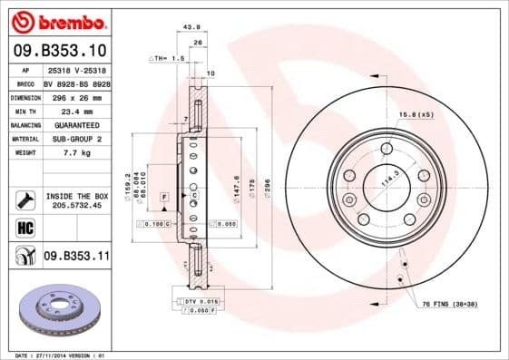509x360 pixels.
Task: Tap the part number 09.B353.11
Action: click(76, 257)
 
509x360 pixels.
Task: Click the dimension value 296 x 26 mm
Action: click(75, 97)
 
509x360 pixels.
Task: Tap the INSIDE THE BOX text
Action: click(76, 196)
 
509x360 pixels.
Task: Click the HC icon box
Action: click(24, 227)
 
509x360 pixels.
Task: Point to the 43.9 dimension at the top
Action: click(191, 27)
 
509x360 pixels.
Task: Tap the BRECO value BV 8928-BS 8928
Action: click(76, 83)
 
